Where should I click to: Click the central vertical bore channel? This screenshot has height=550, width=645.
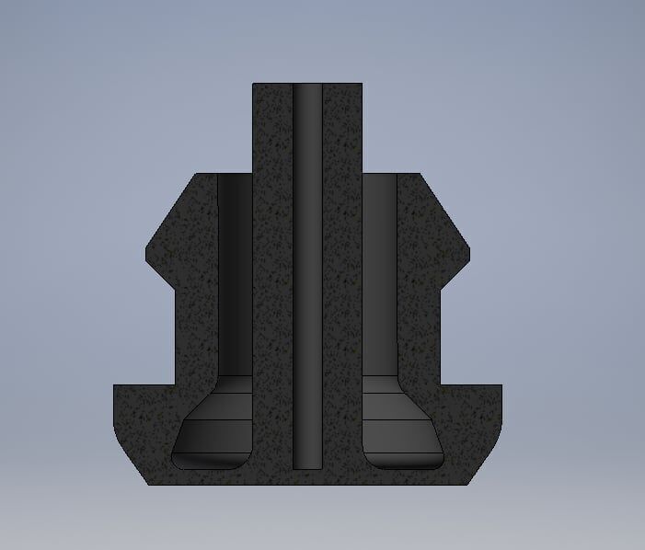pos(307,276)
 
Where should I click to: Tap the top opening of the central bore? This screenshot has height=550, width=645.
pos(307,86)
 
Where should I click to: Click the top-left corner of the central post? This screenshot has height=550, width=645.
pos(254,85)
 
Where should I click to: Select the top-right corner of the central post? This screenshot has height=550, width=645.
pos(361,85)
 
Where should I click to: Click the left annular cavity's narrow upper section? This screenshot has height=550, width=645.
pos(235,276)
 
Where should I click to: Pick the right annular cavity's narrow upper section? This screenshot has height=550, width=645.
pos(379,276)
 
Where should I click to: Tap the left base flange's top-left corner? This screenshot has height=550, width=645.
pos(115,385)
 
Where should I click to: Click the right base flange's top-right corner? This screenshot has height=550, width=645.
pos(502,385)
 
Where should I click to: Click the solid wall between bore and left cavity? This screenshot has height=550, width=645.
pos(273,276)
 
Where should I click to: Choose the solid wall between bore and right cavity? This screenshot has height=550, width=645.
pos(341,276)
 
